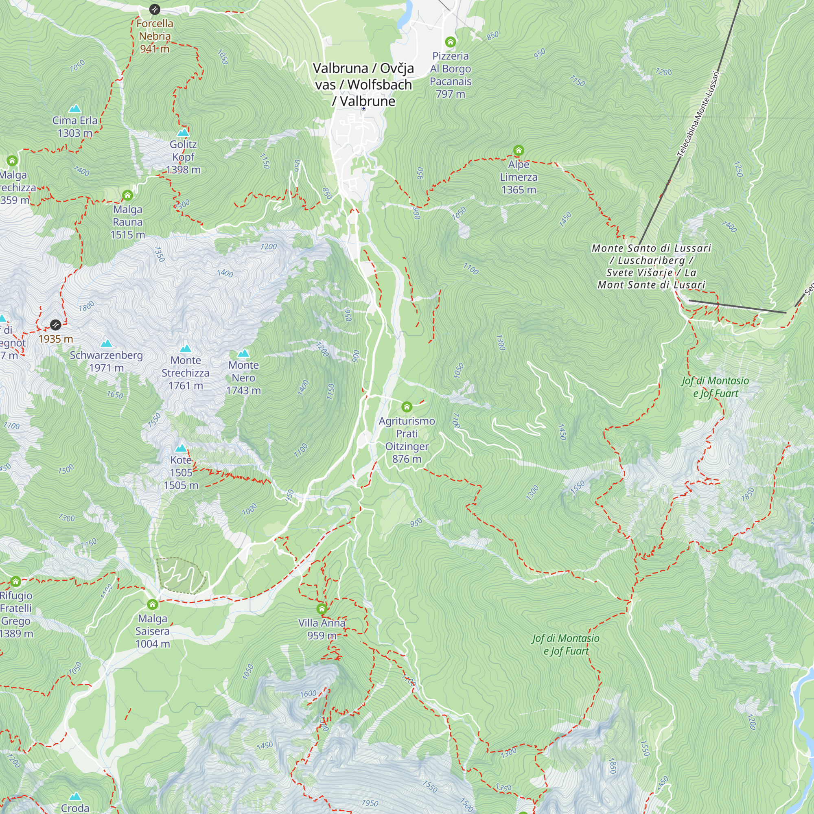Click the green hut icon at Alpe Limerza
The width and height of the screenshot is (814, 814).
519,151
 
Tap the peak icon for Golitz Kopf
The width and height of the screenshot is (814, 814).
183,133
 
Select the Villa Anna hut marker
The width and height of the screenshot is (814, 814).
322,609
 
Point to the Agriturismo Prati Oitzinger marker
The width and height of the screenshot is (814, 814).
407,407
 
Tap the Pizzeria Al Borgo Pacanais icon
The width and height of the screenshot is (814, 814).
451,42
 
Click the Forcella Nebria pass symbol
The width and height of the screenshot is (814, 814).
155,9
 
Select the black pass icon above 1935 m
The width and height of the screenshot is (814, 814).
56,325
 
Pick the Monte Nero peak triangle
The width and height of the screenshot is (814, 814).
243,353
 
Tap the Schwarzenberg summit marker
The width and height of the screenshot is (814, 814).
106,344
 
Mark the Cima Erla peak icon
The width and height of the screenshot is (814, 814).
75,109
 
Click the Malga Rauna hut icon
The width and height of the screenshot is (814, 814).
128,195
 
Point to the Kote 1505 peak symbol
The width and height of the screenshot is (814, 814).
181,448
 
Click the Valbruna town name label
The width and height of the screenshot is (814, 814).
363,84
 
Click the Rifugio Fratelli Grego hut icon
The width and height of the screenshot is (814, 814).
15,582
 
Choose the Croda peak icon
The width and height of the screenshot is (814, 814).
75,796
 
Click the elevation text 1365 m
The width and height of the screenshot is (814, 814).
519,190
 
